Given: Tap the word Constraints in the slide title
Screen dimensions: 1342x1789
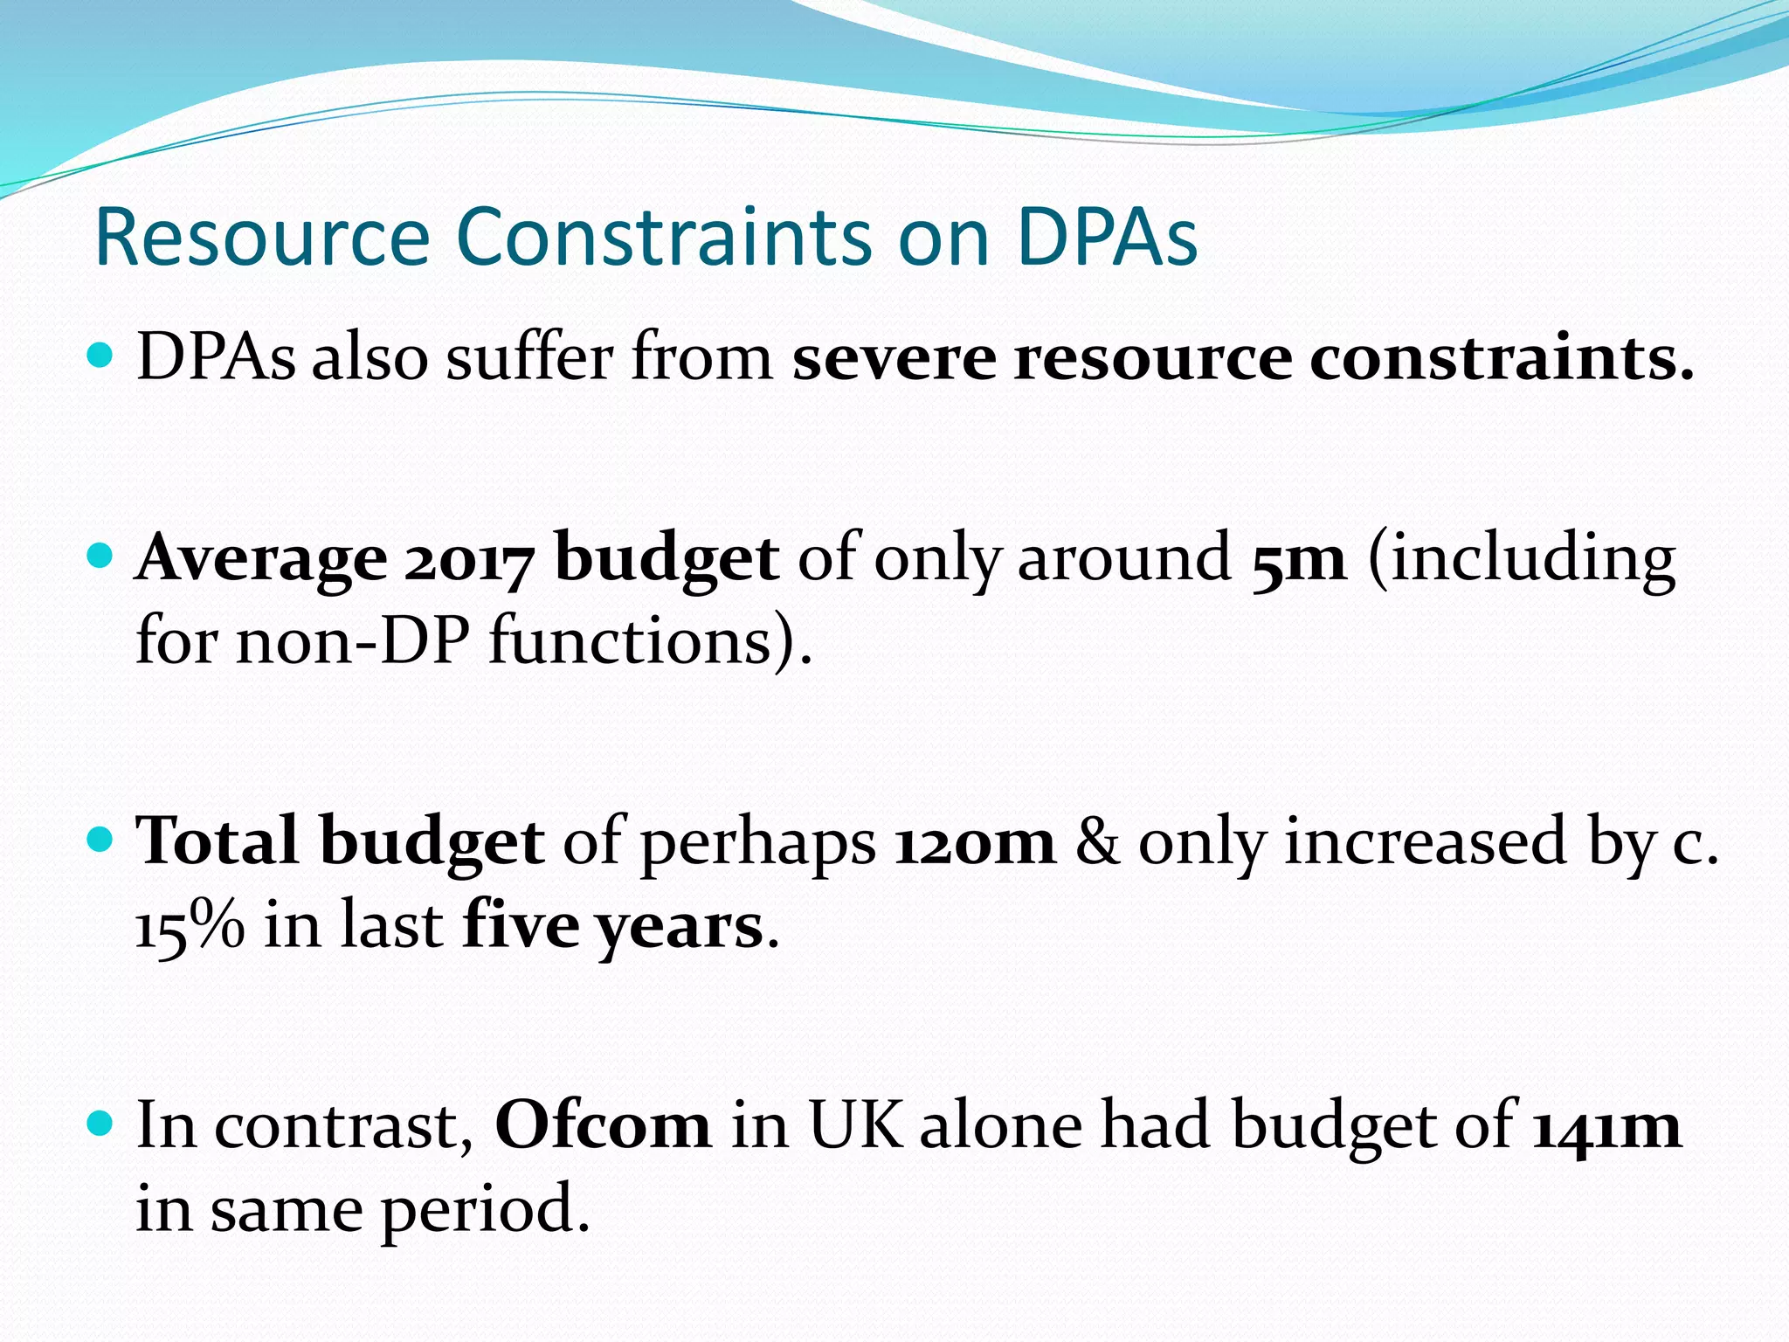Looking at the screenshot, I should [663, 237].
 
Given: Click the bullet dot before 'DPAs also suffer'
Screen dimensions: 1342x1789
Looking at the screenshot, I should [101, 356].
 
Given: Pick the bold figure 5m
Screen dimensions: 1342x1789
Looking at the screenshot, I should [1298, 560].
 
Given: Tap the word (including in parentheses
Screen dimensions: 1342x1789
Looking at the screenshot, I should [1521, 560].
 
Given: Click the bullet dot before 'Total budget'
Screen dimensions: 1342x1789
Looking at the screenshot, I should [101, 840].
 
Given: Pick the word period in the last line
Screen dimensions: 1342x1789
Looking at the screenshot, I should [486, 1211].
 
